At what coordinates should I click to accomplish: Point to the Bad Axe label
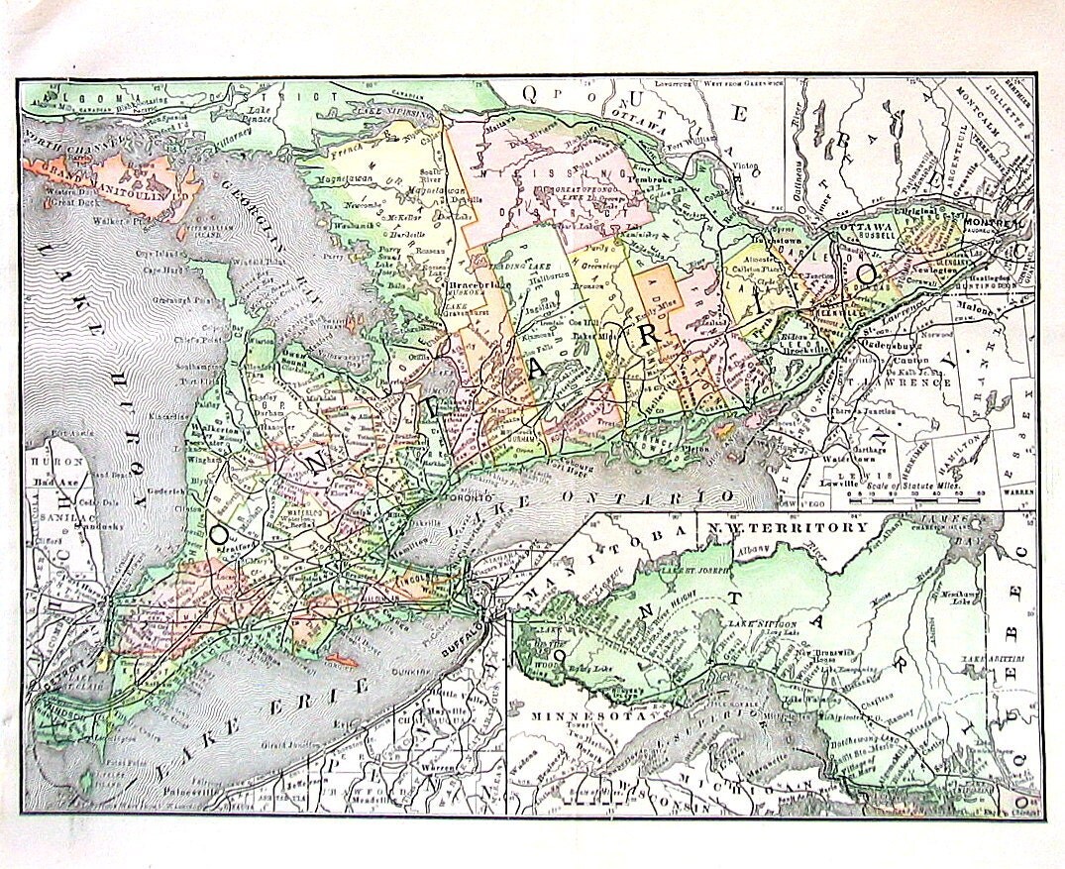pos(49,481)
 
